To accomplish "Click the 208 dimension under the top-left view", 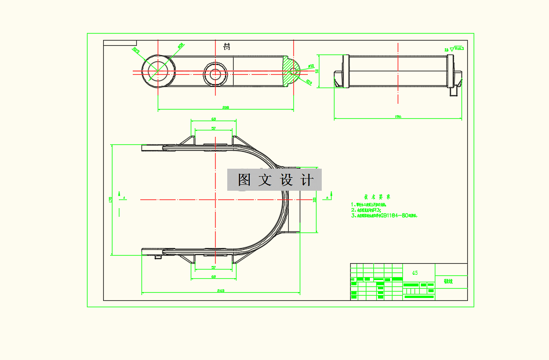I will [x=226, y=107].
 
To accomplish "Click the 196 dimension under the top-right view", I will [x=398, y=117].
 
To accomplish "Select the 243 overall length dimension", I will [x=220, y=290].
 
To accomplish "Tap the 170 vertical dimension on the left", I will [x=110, y=199].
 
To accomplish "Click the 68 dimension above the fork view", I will [x=213, y=119].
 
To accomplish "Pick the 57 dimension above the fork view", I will [x=213, y=128].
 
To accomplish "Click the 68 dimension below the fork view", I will [x=213, y=277].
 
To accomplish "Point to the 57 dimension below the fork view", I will [x=213, y=268].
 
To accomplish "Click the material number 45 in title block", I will [x=415, y=272].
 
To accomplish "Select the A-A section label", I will [x=227, y=47].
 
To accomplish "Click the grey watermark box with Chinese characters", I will [x=274, y=180].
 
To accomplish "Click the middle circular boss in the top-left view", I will [x=214, y=74].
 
